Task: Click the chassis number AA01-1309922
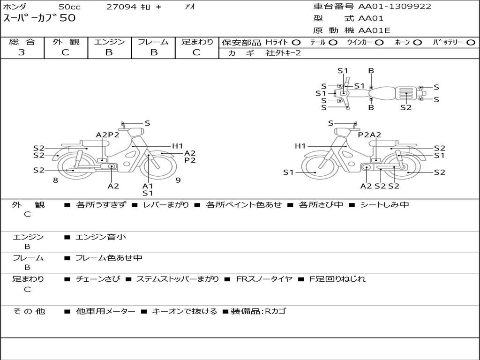tap(395, 7)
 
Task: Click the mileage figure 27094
tap(121, 7)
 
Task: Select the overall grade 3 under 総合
tap(22, 52)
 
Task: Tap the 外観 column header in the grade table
tap(66, 42)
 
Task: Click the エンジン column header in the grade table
tap(109, 42)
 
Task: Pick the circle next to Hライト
tap(296, 43)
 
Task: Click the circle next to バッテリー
tap(471, 43)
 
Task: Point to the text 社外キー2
tap(283, 53)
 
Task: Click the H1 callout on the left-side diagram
tap(177, 146)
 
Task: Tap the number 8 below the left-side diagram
tap(55, 180)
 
